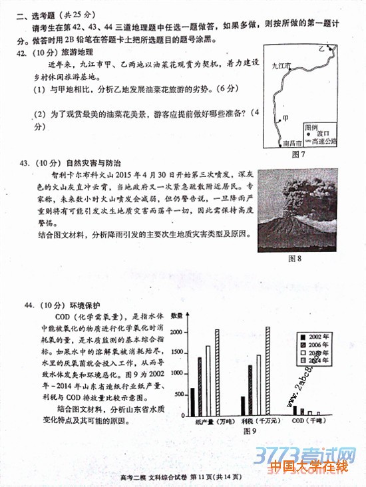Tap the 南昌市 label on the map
click(x=292, y=142)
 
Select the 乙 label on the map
click(x=321, y=49)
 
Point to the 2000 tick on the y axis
click(x=176, y=331)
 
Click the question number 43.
click(x=26, y=162)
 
